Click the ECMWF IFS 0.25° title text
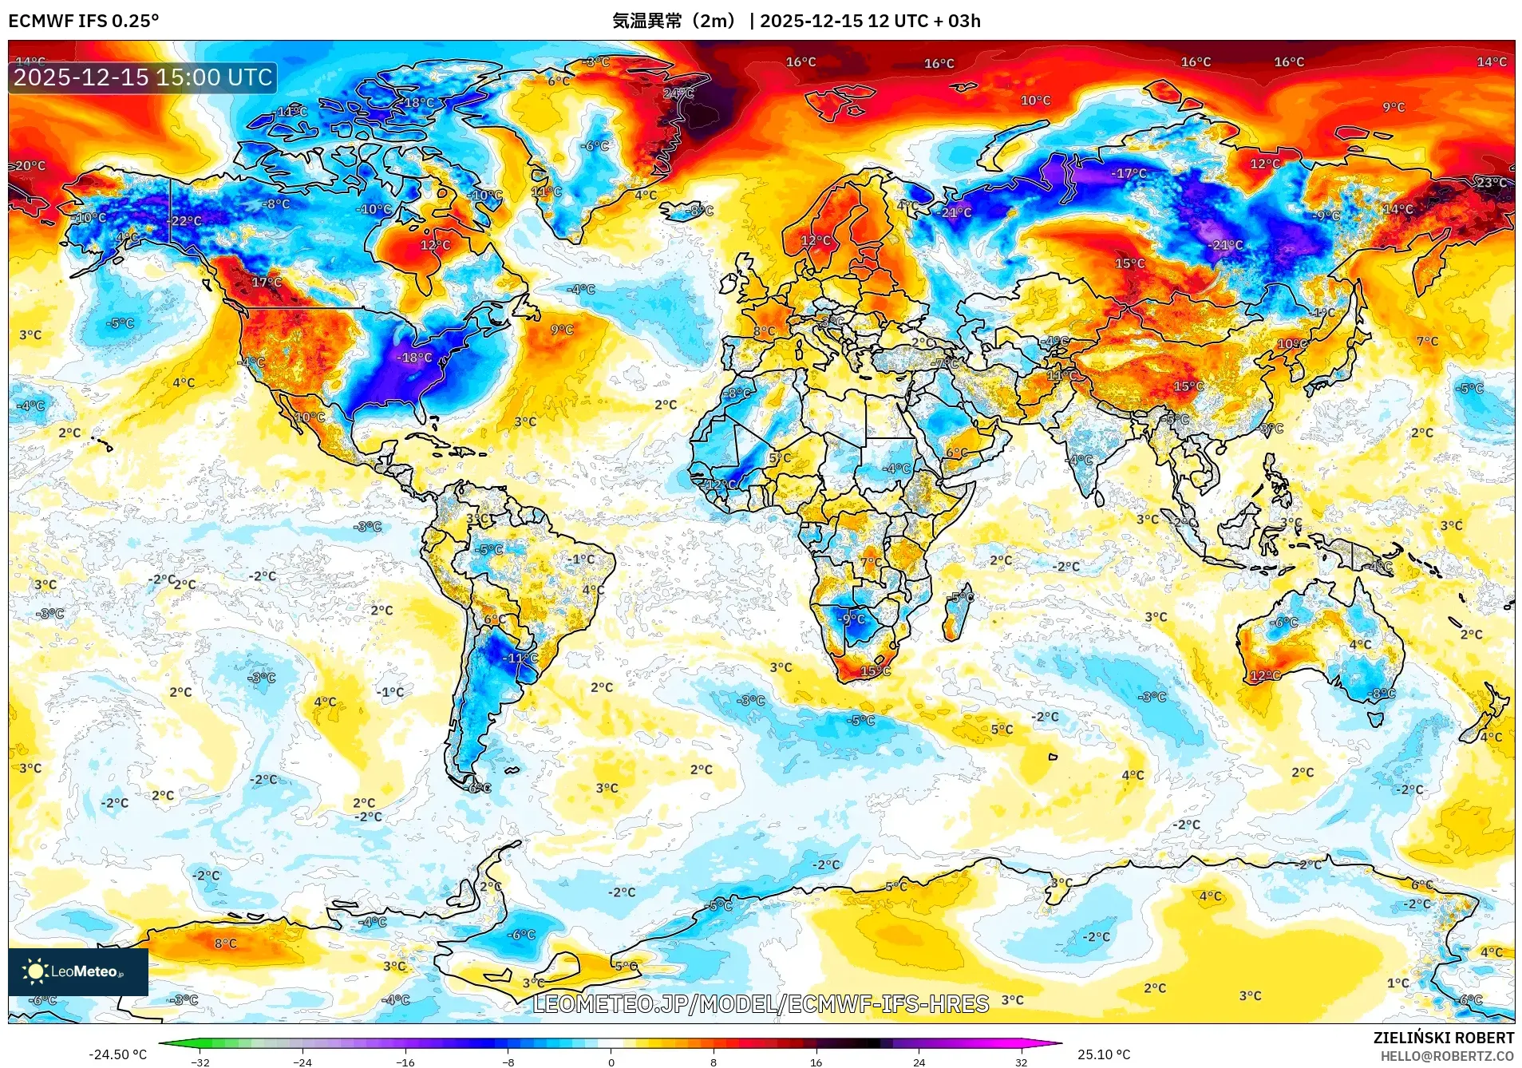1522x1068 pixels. (84, 21)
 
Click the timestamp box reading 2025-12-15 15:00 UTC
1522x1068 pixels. (143, 77)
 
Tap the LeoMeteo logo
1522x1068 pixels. (77, 971)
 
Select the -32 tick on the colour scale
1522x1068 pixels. (200, 1062)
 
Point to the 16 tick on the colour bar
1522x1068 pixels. (816, 1062)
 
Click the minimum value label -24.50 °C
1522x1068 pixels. (117, 1054)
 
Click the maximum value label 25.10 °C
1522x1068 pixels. (1104, 1054)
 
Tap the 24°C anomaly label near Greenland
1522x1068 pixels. (678, 93)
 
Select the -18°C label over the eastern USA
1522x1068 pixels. (414, 358)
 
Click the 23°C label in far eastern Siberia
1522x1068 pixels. (1491, 183)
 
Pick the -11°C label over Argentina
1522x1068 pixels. (520, 658)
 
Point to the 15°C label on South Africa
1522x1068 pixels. (875, 671)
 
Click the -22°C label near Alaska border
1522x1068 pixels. (184, 220)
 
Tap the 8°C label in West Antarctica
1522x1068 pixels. (225, 943)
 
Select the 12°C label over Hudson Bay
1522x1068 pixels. (435, 245)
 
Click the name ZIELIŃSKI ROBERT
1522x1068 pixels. (1443, 1038)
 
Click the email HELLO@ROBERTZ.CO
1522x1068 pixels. (1447, 1056)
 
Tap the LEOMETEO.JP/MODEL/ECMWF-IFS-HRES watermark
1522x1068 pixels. (761, 1003)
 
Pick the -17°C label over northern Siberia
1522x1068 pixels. (1129, 173)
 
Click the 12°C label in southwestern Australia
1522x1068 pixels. (1265, 675)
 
